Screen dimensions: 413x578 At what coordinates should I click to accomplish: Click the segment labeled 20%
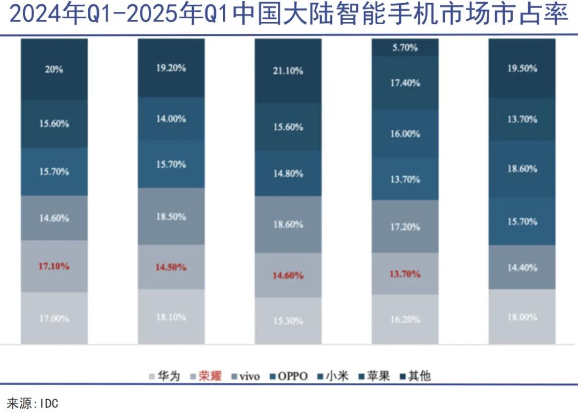54,70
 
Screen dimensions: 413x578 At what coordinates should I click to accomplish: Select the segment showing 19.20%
171,68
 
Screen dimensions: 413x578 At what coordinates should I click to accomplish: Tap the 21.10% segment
288,71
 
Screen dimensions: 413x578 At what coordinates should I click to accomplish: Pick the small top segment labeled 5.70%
405,47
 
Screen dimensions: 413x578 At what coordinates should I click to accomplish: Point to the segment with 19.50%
522,69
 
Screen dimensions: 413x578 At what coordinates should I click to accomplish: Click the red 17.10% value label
54,266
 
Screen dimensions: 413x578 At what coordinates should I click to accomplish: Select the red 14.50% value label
171,267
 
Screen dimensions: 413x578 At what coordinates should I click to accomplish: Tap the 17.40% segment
405,83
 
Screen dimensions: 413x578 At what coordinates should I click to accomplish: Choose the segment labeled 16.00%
405,134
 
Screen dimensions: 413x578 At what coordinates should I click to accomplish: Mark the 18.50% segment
171,216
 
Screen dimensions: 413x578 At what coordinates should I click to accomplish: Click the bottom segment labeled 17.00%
54,318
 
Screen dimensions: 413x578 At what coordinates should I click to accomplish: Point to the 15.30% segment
288,321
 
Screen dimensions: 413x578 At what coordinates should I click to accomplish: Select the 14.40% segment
522,267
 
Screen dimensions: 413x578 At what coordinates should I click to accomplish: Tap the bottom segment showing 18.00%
522,317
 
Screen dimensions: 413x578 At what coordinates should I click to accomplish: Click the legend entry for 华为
165,376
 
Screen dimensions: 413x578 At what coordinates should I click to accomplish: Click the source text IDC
49,403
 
